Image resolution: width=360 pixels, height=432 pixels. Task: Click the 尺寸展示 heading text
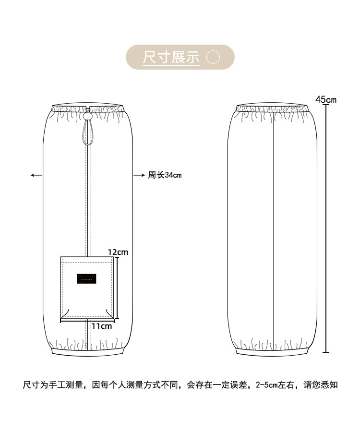171,57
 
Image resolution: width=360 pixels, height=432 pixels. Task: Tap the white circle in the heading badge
213,57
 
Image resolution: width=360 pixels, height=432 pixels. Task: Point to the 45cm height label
326,100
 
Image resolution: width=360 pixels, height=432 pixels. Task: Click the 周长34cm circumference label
165,175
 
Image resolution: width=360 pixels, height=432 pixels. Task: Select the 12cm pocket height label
118,252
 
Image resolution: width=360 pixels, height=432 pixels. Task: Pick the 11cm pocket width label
101,326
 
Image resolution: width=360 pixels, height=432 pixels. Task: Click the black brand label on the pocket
87,278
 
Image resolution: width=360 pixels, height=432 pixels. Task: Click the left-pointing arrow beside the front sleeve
36,175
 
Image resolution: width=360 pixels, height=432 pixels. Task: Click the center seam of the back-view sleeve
273,230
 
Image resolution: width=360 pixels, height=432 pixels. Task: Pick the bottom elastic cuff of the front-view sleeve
87,352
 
